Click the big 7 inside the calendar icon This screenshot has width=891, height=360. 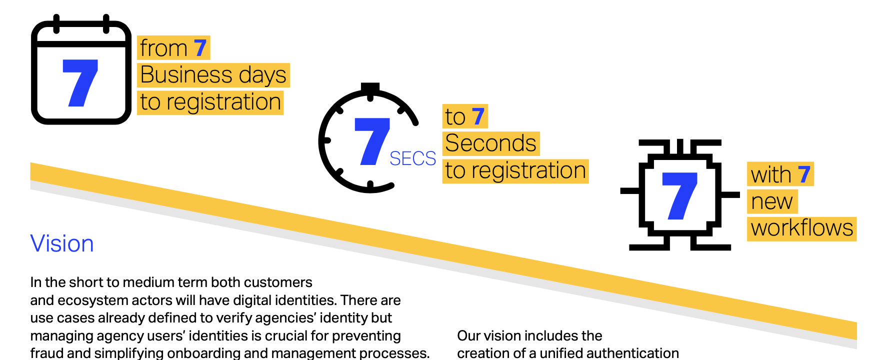click(x=80, y=82)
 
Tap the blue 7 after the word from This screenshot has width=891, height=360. click(x=200, y=48)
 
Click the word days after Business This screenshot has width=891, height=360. click(x=262, y=75)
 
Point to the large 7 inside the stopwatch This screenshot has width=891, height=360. click(x=371, y=141)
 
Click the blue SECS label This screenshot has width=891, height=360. click(x=412, y=158)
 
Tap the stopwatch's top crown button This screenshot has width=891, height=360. click(x=370, y=88)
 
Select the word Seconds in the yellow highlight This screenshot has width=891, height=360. click(x=490, y=143)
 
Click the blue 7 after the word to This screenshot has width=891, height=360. click(x=478, y=116)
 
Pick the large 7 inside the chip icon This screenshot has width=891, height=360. click(x=679, y=195)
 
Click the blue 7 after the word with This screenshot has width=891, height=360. click(x=804, y=174)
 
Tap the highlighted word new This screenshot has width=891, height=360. click(x=771, y=201)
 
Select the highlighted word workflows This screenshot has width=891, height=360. click(x=801, y=228)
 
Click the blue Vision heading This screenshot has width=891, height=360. click(x=62, y=243)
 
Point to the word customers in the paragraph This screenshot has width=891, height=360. click(x=278, y=282)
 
